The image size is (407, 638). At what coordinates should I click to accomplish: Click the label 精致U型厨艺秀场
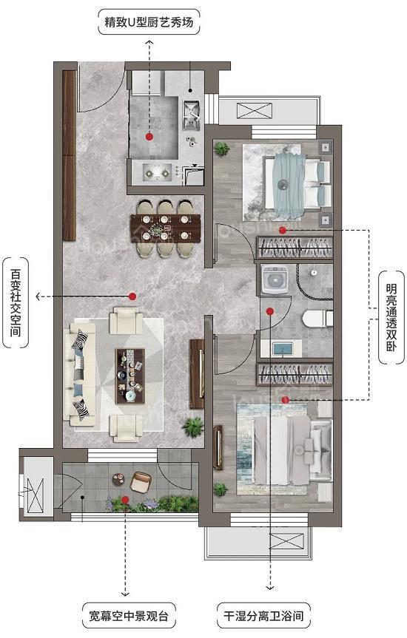pos(149,21)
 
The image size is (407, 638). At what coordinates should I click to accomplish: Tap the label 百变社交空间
pos(16,302)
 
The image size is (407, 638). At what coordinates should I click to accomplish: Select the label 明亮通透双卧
pos(391,317)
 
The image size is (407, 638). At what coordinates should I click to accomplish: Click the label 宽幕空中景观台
pos(129,616)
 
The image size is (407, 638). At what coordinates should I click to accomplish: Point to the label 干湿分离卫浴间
pos(263,616)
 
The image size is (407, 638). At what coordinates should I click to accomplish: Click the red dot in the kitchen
pos(149,137)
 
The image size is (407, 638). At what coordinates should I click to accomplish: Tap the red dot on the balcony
pos(125,499)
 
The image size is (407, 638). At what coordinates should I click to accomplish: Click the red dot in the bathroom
pos(269,312)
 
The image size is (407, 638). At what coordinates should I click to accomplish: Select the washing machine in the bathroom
pos(275,279)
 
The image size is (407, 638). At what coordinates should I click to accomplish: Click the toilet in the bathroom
pos(317,319)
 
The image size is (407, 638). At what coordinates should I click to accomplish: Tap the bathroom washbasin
pos(283,349)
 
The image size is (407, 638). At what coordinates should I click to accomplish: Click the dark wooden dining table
pos(166,228)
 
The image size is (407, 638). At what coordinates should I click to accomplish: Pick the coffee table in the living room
pos(130,376)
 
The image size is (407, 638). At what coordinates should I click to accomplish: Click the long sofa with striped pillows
pos(80,374)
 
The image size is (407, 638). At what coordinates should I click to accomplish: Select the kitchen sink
pos(191,115)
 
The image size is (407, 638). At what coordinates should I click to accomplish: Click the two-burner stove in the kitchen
pos(157,173)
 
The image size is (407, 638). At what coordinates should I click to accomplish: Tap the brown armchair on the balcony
pos(141,482)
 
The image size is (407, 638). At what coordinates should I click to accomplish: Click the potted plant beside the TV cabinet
pos(192,427)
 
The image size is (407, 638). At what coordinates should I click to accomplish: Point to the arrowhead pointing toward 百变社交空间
pos(38,296)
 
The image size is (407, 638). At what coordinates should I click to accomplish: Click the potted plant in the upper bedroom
pos(221,149)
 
